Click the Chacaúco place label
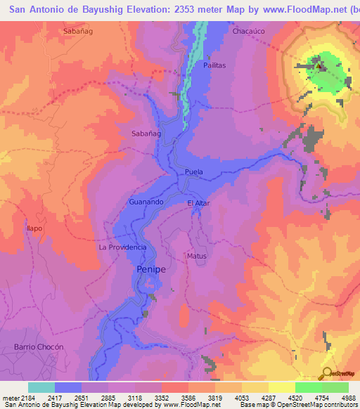tap(248, 32)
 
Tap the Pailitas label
tap(214, 65)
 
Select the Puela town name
tap(193, 172)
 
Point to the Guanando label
tap(147, 202)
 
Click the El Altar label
tap(198, 204)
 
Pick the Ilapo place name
tap(35, 228)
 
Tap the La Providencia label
tap(122, 247)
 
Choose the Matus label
tap(197, 256)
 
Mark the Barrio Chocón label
tap(39, 347)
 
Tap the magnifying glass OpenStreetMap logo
tap(326, 373)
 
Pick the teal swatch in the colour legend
tap(41, 387)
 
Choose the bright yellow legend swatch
tap(282, 387)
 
